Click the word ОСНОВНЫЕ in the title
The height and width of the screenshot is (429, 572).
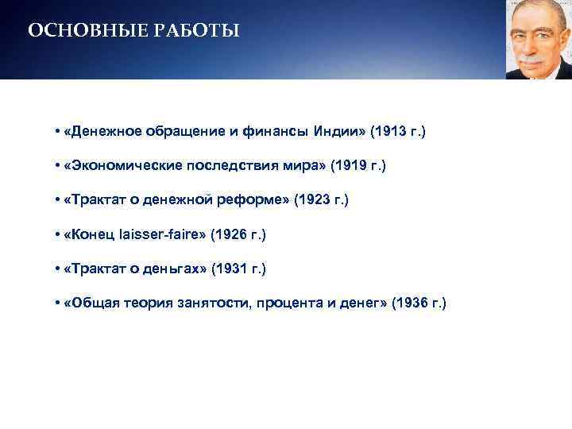tap(77, 32)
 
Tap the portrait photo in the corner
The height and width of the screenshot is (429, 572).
tap(539, 40)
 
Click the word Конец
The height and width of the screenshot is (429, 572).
tap(90, 235)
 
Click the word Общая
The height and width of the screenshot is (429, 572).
tap(91, 304)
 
